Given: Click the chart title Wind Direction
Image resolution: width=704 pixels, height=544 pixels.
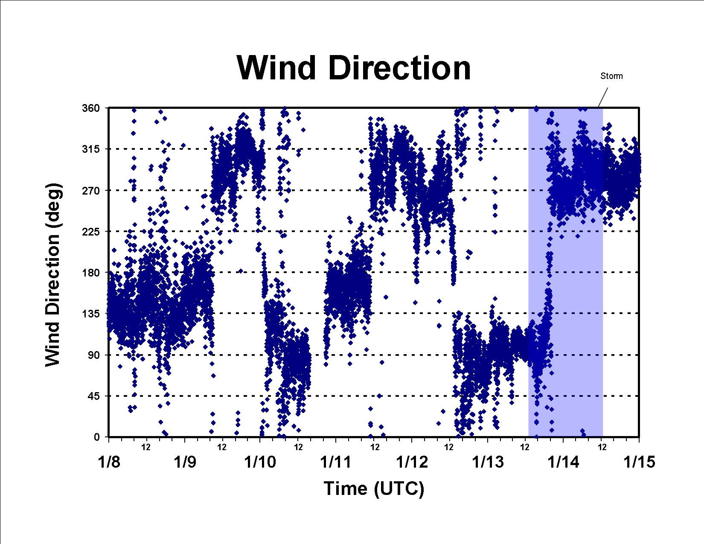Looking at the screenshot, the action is click(x=353, y=68).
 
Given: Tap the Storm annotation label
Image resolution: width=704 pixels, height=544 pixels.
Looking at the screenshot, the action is click(x=611, y=76).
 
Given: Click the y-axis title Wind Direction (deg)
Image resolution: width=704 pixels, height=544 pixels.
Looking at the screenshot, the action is click(x=53, y=275).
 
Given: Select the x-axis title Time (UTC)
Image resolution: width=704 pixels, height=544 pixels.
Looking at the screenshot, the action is click(x=374, y=489).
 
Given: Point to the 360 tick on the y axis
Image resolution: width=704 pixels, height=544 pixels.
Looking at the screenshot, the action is click(x=91, y=108).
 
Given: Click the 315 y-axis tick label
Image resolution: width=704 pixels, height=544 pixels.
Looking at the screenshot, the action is click(x=91, y=149).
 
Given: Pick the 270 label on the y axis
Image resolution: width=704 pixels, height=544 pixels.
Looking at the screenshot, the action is click(x=91, y=190).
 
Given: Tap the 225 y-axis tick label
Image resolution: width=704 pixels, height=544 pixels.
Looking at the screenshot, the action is click(x=91, y=231).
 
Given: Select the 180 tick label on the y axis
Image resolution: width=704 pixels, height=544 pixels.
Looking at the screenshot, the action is click(x=91, y=273).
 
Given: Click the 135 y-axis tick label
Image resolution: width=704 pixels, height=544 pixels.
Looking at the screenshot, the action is click(x=91, y=314).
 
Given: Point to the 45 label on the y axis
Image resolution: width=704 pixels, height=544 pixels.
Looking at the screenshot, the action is click(x=93, y=396).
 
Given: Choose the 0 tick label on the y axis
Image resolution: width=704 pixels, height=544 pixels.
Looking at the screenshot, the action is click(x=97, y=437).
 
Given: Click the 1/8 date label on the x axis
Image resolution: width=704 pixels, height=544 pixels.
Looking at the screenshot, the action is click(x=109, y=462).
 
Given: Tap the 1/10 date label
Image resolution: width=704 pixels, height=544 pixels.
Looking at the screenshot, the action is click(x=260, y=462).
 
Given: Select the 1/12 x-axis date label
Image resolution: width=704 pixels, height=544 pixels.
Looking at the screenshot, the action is click(x=412, y=462).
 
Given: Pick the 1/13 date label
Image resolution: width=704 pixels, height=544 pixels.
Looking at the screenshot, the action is click(x=488, y=462).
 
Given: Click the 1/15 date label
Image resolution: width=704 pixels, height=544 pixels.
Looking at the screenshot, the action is click(x=639, y=462).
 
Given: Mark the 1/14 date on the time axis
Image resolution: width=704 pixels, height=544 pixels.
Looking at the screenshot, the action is click(x=563, y=462).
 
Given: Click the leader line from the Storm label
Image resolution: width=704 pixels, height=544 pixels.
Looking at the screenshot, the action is click(x=603, y=97).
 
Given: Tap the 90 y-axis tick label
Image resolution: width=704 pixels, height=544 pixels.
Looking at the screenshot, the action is click(x=93, y=355).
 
